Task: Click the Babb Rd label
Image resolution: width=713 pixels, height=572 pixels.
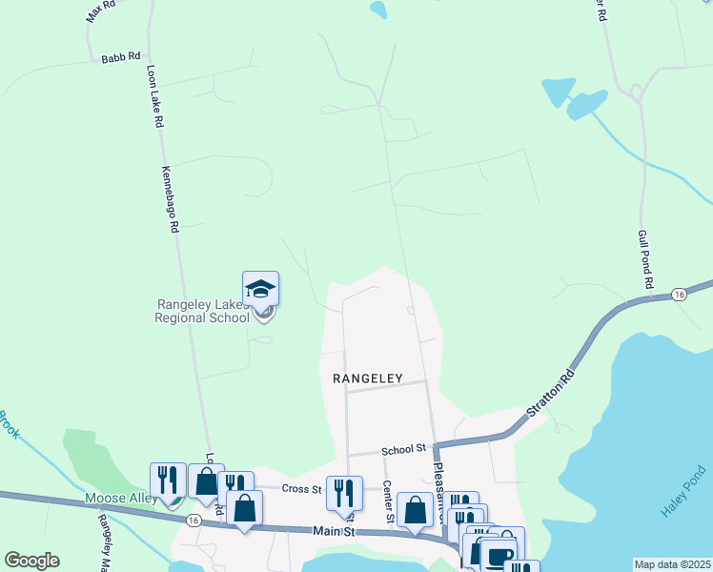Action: [121, 57]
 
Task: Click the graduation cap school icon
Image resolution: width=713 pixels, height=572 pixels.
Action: [261, 289]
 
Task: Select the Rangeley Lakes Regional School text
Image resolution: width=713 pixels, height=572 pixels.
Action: [202, 311]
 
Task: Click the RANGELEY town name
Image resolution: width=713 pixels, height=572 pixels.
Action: [369, 378]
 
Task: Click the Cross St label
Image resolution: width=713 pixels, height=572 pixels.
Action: [298, 487]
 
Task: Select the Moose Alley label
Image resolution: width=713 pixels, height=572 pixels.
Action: [120, 498]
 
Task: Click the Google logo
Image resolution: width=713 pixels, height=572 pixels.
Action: [31, 561]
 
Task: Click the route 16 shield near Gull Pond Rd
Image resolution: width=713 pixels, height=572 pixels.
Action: [678, 294]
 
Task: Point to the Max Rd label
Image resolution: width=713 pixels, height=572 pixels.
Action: [99, 11]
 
